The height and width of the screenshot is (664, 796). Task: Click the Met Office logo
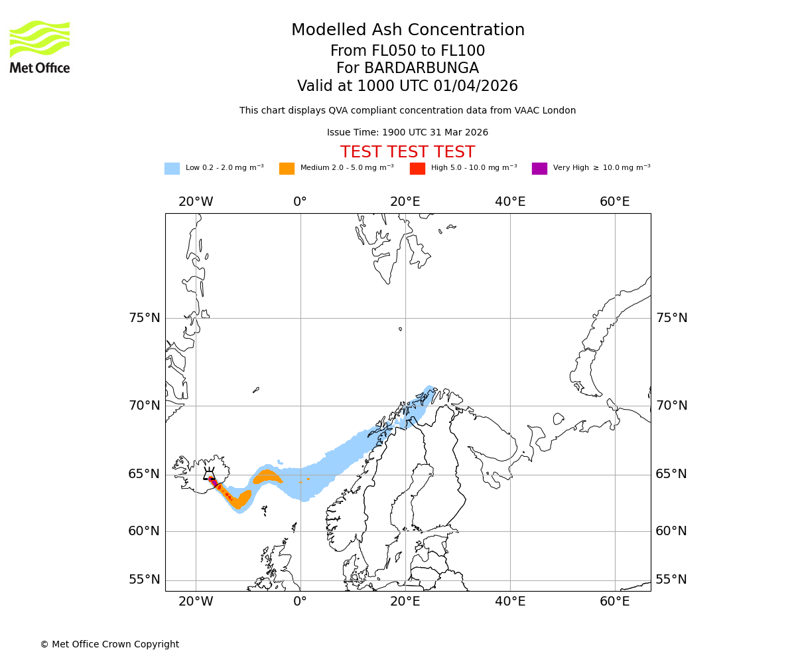[40, 46]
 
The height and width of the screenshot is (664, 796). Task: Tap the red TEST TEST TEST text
[407, 152]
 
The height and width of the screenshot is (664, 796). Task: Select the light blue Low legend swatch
[172, 169]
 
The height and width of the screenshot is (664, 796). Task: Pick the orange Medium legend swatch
[287, 169]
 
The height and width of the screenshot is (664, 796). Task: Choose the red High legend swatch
[417, 169]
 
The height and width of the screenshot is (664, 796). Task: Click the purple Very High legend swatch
[539, 169]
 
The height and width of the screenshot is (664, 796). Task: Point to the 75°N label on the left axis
[145, 318]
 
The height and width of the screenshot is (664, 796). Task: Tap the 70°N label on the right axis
[671, 406]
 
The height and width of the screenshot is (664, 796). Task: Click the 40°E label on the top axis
[510, 202]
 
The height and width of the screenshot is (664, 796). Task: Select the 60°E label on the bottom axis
[615, 602]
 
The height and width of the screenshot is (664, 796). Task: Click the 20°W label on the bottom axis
[196, 602]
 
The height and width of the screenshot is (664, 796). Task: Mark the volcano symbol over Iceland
[210, 475]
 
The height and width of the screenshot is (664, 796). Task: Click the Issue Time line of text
[407, 133]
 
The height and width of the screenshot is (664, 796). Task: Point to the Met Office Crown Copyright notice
[109, 644]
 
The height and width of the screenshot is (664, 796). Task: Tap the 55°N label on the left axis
[145, 580]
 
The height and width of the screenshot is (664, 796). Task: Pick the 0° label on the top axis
[300, 202]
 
